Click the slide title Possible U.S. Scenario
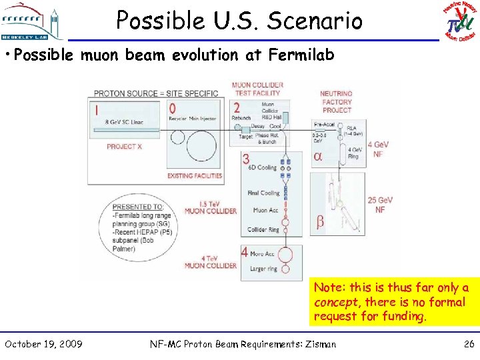[x=239, y=21]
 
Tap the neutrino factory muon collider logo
[x=460, y=21]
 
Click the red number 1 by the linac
[x=97, y=109]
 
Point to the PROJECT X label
[x=124, y=146]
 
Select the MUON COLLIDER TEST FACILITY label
[x=257, y=89]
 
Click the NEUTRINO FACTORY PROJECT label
[x=336, y=102]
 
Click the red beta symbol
[x=320, y=221]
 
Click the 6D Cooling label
[x=262, y=167]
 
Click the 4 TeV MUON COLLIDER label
[x=210, y=261]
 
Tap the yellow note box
[x=393, y=302]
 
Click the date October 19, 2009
[x=43, y=344]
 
